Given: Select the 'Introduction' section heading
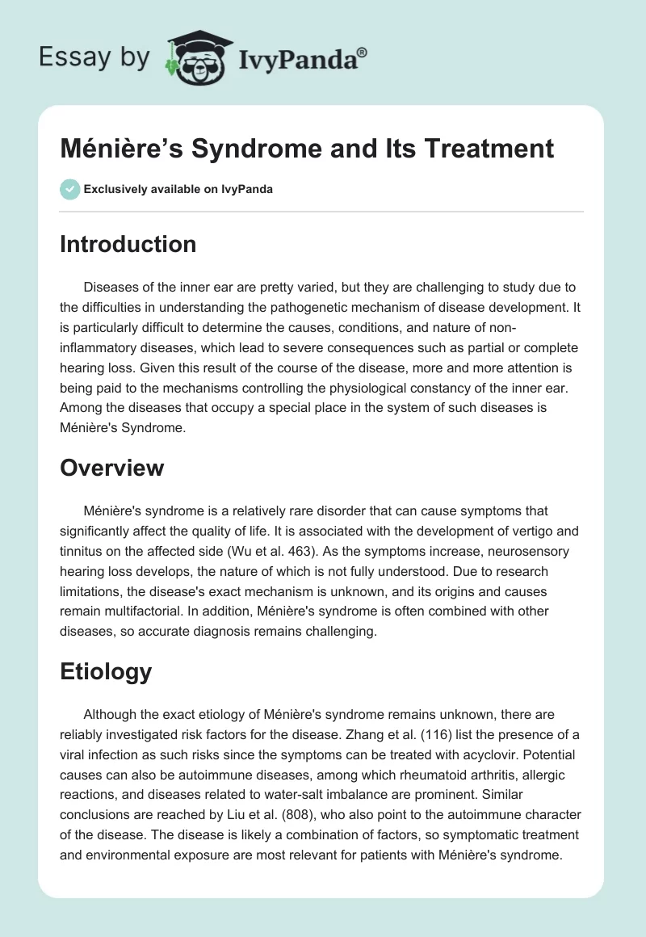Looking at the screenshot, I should tap(128, 244).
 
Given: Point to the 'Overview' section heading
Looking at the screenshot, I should tap(111, 467).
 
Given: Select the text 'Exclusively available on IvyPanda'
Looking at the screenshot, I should tap(178, 190).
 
